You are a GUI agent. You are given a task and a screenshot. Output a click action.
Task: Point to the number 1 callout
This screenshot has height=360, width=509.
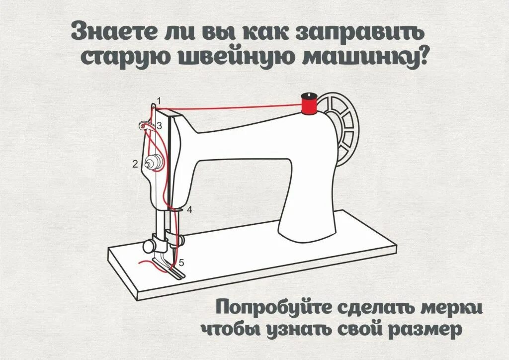point(159,101)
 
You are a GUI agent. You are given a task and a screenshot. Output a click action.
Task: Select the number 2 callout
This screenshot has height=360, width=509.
point(135,164)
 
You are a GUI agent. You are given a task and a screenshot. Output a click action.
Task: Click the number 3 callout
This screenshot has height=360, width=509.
point(159,126)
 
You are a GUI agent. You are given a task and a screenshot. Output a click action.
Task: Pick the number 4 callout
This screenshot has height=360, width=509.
point(189,209)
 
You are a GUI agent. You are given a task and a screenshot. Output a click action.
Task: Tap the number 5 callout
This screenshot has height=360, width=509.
point(181,263)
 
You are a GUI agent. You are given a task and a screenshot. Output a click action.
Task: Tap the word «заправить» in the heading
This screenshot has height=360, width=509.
point(362,32)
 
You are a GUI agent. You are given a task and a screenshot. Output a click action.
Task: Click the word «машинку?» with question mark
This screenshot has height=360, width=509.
point(368,57)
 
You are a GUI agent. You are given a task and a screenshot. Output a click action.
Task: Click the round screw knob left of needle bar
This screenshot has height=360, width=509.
point(148,245)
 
